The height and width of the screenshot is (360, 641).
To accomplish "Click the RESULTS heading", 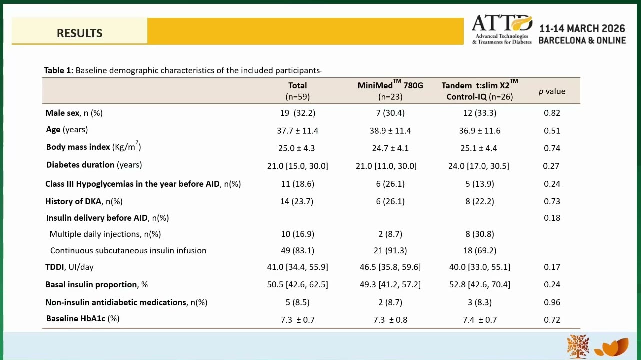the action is point(79,33).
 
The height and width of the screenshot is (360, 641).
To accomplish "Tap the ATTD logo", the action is point(502,29).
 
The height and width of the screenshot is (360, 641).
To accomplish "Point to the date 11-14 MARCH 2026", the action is point(582,28).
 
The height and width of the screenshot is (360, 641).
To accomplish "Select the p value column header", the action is point(552,91).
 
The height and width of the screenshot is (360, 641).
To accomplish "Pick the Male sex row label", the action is point(74,113).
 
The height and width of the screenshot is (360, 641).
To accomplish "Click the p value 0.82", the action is point(552,113).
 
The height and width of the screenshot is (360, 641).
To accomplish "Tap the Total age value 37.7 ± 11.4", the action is point(297,131).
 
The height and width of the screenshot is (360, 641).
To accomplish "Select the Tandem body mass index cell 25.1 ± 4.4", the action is point(478,148).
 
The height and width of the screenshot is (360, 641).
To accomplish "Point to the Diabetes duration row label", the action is point(94,165).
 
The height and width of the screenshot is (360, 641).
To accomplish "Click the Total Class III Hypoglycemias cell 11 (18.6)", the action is point(297,184).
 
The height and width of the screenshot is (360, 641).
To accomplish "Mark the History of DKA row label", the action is point(84,201).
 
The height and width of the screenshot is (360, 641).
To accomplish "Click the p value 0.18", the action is point(552,218).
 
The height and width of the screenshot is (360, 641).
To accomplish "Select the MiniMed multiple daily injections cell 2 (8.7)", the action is point(390,234).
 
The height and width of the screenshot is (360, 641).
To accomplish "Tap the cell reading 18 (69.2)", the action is point(480,250).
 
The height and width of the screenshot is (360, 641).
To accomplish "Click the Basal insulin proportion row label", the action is point(96,284).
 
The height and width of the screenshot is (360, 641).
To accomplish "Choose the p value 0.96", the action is point(552,302).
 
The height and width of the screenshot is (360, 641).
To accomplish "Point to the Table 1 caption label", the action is point(58,70).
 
